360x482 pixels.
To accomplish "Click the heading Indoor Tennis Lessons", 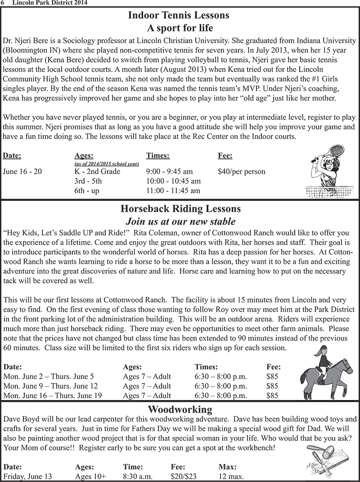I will point(179,15).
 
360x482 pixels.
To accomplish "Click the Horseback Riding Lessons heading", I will point(180,209).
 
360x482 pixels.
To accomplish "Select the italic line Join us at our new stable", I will point(180,221).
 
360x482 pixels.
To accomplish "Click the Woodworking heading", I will point(180,409).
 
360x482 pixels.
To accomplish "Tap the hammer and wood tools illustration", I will point(326,459).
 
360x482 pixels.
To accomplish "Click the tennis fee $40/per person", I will point(241,171).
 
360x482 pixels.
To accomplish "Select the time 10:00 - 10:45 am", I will point(173,181).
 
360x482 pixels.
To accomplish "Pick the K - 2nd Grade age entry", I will point(97,171).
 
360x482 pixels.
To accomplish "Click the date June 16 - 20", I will point(22,171).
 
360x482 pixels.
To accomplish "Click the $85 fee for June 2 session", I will point(272,376).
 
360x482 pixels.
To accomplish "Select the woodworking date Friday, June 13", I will point(27,477).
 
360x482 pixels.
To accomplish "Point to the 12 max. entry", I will point(231,477).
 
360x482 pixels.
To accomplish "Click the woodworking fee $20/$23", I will point(184,477).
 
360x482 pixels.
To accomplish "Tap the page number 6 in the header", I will point(3,3).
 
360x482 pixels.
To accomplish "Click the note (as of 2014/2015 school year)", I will point(109,164).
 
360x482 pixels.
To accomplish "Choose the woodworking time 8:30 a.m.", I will point(138,477).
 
